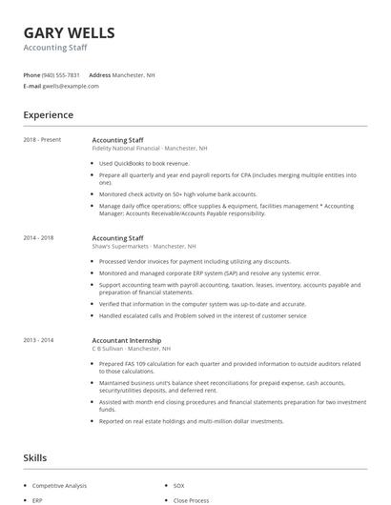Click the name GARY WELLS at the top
coord(69,32)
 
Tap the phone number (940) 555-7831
coord(62,74)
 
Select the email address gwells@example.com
coord(71,86)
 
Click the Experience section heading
coord(48,115)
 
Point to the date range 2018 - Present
coord(42,140)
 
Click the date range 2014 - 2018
coord(39,237)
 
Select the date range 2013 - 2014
coord(39,340)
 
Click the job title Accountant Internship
coord(127,340)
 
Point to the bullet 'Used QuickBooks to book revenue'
coord(144,163)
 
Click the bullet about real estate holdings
coord(191,420)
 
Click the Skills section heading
coord(34,458)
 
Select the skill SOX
coord(179,485)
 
